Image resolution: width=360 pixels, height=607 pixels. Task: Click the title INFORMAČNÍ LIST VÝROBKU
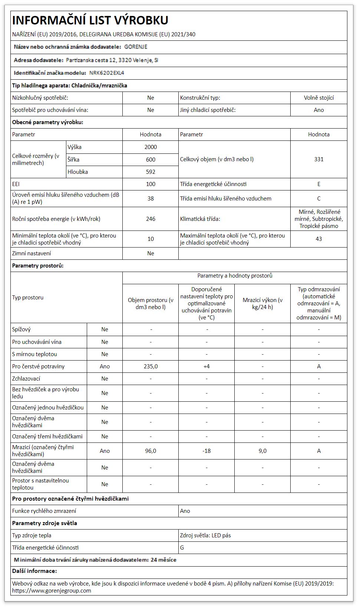pyautogui.click(x=90, y=20)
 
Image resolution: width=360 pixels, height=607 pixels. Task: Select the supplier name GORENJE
pyautogui.click(x=136, y=47)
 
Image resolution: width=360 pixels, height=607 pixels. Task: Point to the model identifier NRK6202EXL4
pyautogui.click(x=107, y=73)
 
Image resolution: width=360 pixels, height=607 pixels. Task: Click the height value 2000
pyautogui.click(x=151, y=147)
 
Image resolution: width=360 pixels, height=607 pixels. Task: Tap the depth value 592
pyautogui.click(x=151, y=172)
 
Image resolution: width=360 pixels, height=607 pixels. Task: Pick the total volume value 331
pyautogui.click(x=318, y=159)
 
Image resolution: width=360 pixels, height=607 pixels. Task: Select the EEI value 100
pyautogui.click(x=151, y=184)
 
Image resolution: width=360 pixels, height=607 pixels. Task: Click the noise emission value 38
pyautogui.click(x=151, y=199)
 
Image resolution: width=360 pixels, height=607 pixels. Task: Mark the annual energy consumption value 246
pyautogui.click(x=151, y=219)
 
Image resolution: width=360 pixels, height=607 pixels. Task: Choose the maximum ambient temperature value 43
pyautogui.click(x=318, y=239)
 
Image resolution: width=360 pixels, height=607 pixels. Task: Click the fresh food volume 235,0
pyautogui.click(x=151, y=366)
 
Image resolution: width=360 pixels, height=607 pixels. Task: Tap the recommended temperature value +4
pyautogui.click(x=207, y=366)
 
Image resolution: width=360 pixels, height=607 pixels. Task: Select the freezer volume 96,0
pyautogui.click(x=151, y=451)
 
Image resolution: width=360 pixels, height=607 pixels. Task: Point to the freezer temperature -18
pyautogui.click(x=207, y=451)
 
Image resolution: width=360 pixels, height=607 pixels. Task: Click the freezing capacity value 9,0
pyautogui.click(x=262, y=451)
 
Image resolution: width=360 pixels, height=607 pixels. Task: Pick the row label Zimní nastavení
pyautogui.click(x=32, y=253)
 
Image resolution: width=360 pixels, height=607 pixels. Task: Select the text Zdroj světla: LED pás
pyautogui.click(x=205, y=535)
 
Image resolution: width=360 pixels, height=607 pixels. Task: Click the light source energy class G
pyautogui.click(x=182, y=548)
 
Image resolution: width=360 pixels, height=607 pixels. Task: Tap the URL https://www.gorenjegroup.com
pyautogui.click(x=52, y=591)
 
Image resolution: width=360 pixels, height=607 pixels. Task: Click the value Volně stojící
pyautogui.click(x=318, y=98)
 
